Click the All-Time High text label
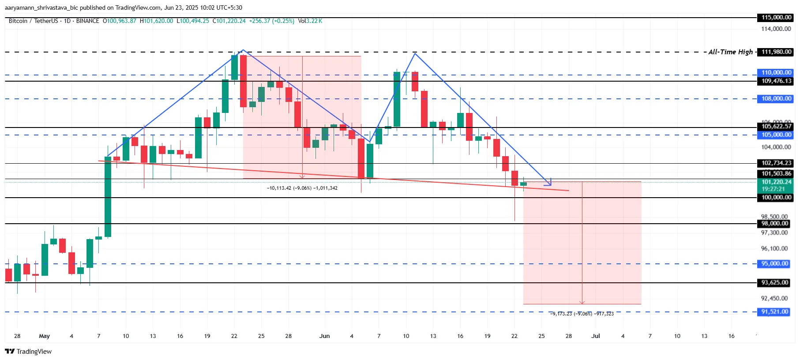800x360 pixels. coord(730,52)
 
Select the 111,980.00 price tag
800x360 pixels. coord(776,52)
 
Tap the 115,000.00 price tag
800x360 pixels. coord(776,18)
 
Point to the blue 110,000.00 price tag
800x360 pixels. coord(776,72)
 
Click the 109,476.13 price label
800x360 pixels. coord(776,81)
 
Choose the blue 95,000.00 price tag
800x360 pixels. coord(774,264)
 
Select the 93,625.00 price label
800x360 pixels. coord(774,283)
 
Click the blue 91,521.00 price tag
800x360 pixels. coord(774,312)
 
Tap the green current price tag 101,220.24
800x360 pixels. coord(776,182)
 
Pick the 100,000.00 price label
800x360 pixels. coord(776,198)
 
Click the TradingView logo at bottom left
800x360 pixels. coord(28,352)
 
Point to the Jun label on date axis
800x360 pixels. coord(324,336)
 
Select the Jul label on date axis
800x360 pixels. coord(596,336)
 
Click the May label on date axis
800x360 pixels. coord(44,336)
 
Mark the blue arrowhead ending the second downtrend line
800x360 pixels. coord(548,183)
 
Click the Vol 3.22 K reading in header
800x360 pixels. coord(310,21)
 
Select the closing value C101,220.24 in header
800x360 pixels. coord(229,21)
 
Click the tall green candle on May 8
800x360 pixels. coord(108,196)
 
